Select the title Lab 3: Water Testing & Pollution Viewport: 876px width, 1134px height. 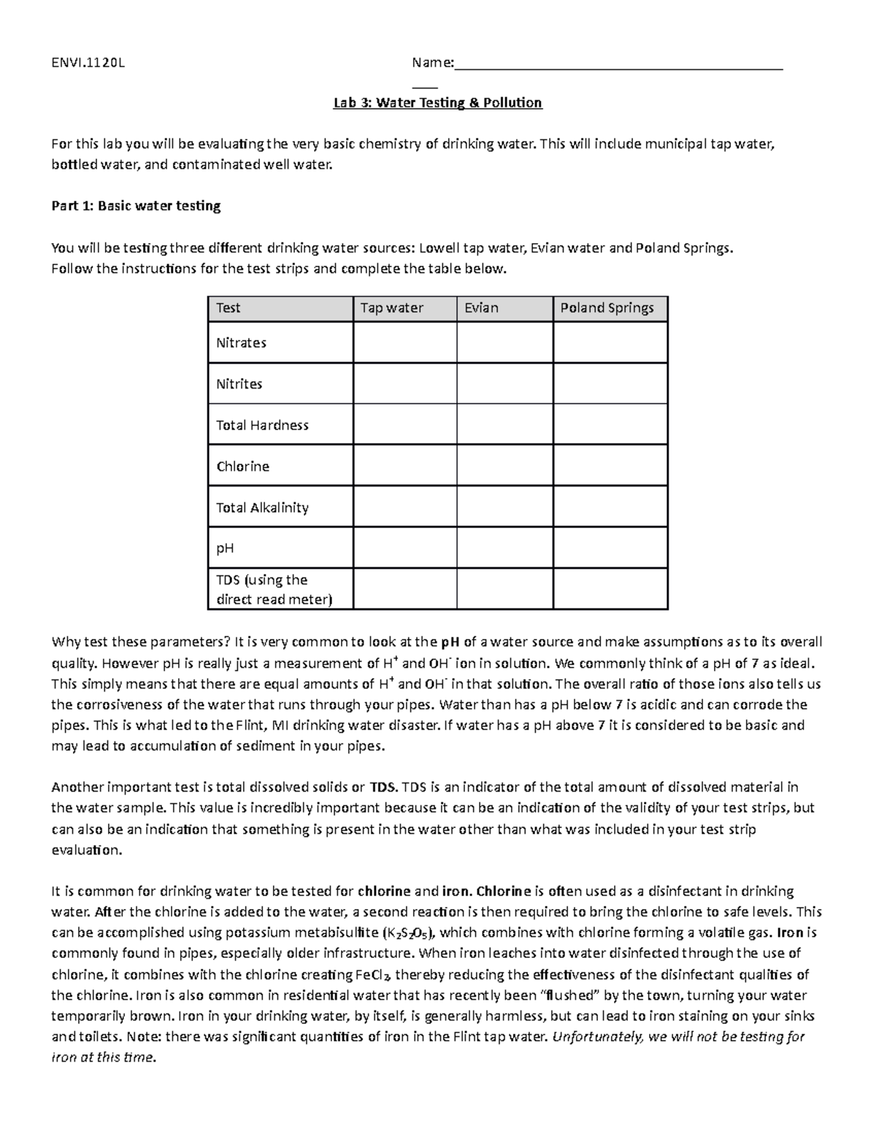(437, 103)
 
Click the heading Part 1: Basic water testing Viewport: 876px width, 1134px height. (136, 206)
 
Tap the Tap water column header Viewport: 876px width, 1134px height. (392, 308)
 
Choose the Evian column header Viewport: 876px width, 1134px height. (482, 308)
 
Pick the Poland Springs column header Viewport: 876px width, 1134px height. (607, 308)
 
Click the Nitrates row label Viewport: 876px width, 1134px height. (241, 343)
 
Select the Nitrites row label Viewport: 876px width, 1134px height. (239, 384)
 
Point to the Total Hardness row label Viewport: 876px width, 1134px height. (262, 426)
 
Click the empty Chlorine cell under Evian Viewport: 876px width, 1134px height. (504, 466)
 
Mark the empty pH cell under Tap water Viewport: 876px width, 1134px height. (404, 548)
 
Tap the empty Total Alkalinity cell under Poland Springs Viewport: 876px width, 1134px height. (610, 507)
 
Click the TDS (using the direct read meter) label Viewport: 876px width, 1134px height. (273, 590)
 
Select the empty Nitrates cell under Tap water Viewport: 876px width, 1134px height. (404, 343)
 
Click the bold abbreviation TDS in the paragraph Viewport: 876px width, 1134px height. (383, 787)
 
